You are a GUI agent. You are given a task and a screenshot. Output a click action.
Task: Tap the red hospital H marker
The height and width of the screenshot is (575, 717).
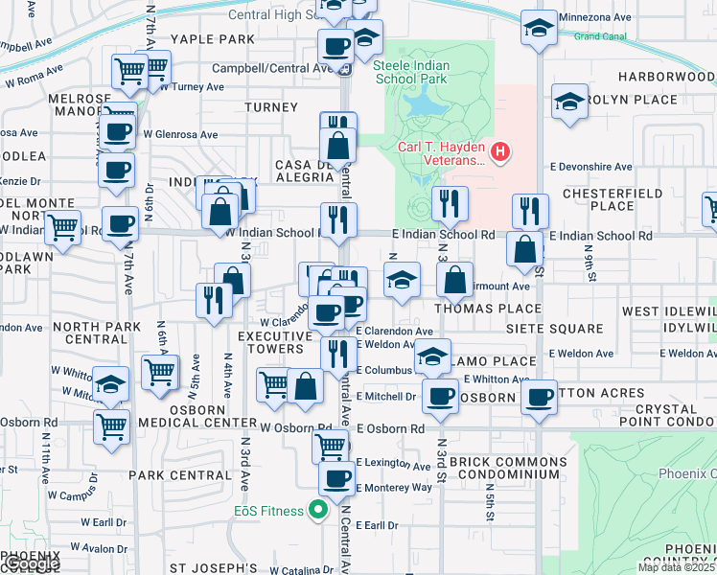point(498,151)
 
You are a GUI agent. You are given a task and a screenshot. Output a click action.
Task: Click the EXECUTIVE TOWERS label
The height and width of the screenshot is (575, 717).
point(270,342)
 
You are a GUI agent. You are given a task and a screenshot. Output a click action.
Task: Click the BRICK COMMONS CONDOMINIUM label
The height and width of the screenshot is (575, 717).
point(503,468)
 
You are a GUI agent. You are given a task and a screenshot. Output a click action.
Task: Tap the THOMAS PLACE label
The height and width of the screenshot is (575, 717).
point(487,310)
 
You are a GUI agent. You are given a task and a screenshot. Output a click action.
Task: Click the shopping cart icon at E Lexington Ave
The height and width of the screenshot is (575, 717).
point(331,445)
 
